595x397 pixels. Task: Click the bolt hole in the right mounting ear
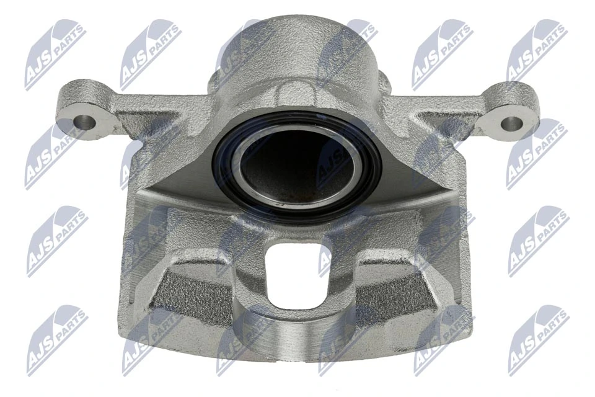[x=510, y=123]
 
